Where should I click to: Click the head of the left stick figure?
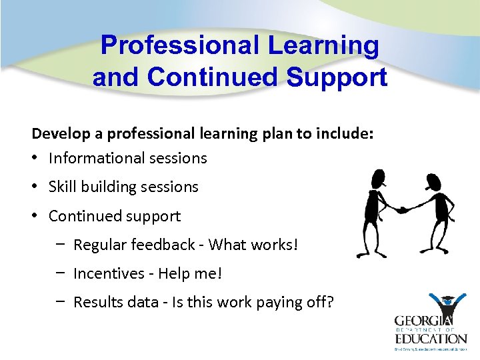tap(377, 178)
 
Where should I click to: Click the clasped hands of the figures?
tap(402, 209)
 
